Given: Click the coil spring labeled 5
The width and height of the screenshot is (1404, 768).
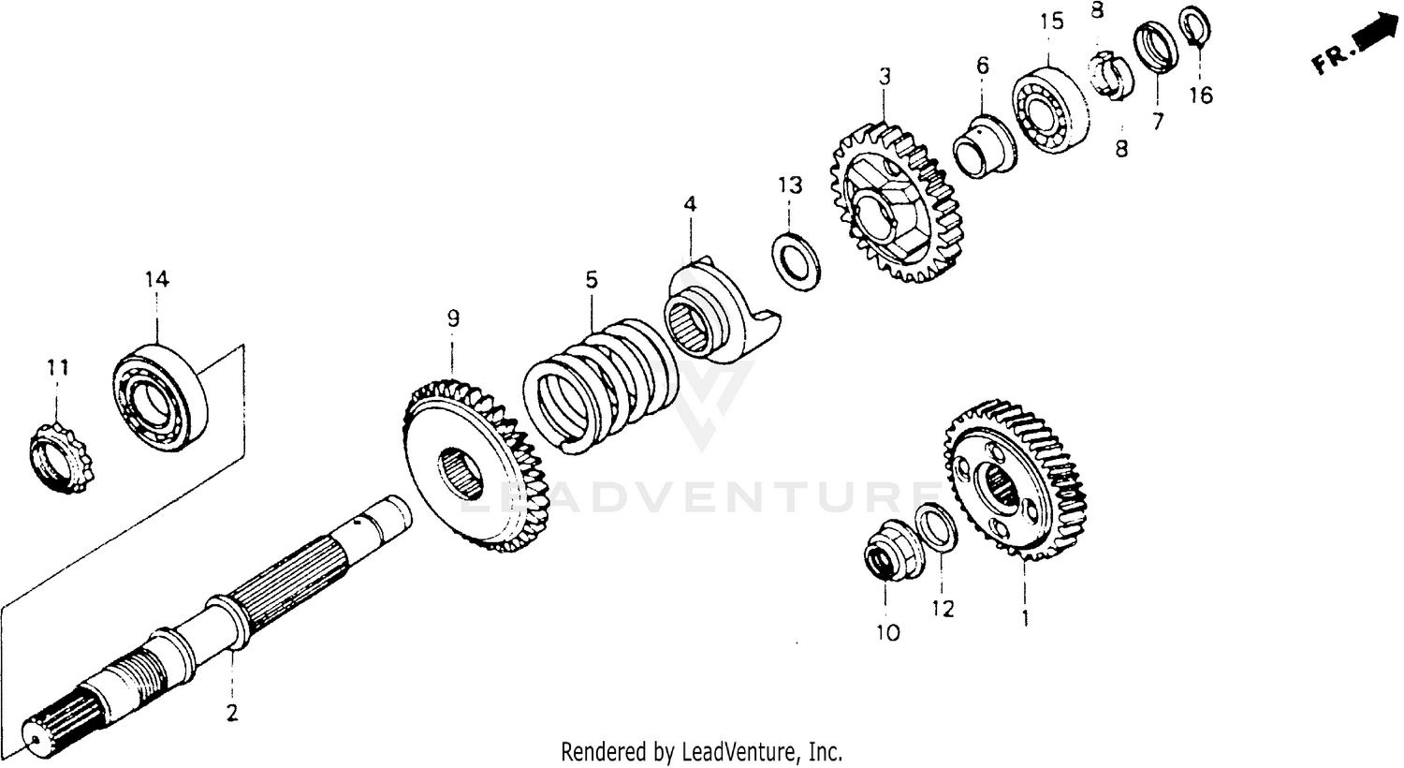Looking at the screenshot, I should [599, 384].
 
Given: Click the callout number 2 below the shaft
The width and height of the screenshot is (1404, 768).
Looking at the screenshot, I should [231, 713].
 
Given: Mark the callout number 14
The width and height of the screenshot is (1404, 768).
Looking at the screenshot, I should [156, 278].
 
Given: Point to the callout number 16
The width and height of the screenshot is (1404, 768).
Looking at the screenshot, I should [1201, 95].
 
